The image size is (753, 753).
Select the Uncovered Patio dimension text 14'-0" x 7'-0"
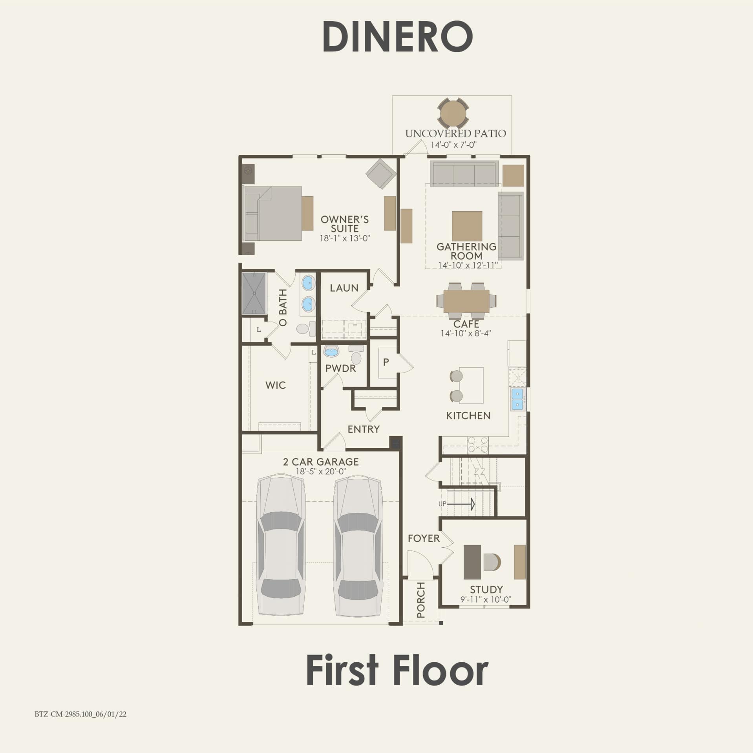coord(453,144)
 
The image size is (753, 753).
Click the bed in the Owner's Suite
coord(273,213)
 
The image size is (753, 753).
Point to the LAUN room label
coord(344,288)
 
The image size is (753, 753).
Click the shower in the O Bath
coord(254,293)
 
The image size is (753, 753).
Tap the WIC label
coord(275,385)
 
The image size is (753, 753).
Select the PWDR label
coord(340,368)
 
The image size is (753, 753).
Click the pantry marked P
coord(386,362)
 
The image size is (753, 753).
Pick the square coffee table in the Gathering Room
coord(467,226)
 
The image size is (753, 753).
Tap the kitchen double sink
coord(517,399)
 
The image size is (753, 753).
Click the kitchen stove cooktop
coord(477,446)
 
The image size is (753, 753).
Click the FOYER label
coord(424,538)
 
